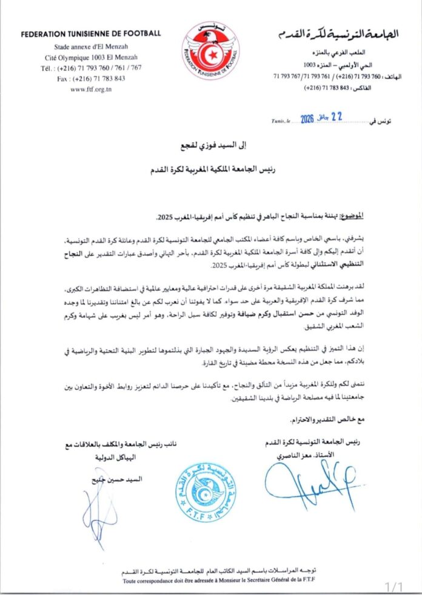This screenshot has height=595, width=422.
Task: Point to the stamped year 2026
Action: point(302,120)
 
